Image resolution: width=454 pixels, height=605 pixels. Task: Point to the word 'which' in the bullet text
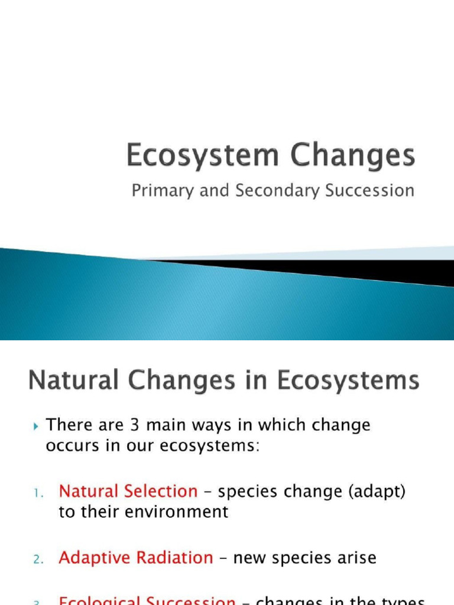[286, 425]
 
